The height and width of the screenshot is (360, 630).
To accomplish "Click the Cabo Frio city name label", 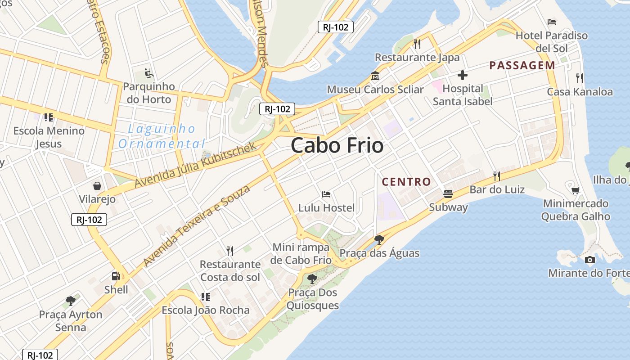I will coord(337,145).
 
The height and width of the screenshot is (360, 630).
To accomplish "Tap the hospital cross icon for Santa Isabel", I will coord(462,75).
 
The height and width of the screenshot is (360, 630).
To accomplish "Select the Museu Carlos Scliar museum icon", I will coord(375,76).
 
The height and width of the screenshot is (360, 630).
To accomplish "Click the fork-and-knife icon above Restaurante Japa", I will coord(417,44).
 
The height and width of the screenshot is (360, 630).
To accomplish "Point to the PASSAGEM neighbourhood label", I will coord(522,65).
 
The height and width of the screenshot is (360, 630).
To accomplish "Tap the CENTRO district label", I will coord(406,182).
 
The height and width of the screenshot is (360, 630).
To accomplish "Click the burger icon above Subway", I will coord(448,194).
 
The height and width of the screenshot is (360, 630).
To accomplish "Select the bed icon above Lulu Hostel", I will coord(327,194).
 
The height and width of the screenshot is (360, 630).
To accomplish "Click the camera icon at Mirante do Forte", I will coord(589,260).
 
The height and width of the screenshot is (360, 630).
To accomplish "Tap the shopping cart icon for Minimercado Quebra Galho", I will coord(575,190).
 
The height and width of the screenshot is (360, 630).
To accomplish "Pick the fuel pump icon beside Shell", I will coord(116,276).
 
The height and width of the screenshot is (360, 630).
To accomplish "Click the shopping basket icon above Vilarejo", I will coord(97,185).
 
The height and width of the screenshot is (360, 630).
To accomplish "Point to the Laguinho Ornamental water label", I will coord(162,136).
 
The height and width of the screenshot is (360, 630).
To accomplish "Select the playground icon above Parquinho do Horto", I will coord(148,73).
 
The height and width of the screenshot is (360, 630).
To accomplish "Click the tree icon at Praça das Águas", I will coord(379,239).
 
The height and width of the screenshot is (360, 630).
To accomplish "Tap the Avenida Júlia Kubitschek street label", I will coord(195,165).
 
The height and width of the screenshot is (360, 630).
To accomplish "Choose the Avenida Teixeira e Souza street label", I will coord(197,225).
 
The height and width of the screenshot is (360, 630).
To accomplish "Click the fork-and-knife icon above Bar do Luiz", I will coord(497,175).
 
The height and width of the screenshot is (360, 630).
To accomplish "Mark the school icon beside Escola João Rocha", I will coord(205,297).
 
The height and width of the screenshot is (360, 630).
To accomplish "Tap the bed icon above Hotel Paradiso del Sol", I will coord(552,22).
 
